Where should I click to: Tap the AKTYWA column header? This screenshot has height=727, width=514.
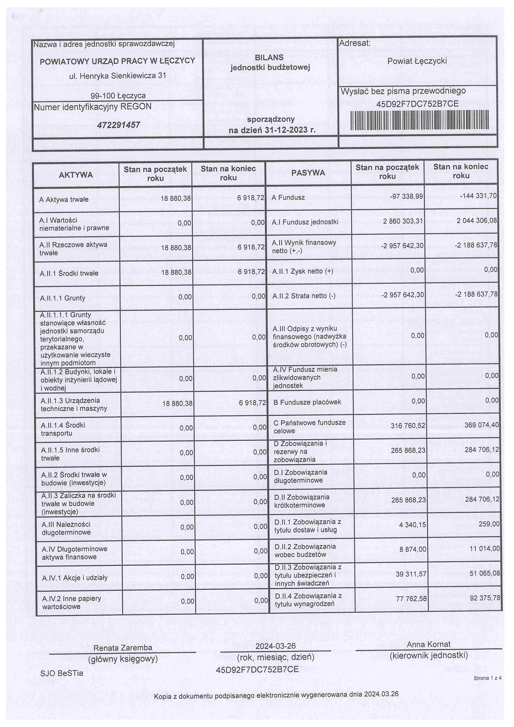[76, 175]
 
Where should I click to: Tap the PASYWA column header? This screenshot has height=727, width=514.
[308, 173]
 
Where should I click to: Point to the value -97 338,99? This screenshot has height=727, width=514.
[406, 196]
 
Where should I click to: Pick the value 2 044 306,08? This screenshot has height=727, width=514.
[476, 220]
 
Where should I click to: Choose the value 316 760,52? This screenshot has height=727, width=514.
[408, 426]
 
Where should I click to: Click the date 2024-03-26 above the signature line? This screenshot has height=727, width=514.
[275, 646]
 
